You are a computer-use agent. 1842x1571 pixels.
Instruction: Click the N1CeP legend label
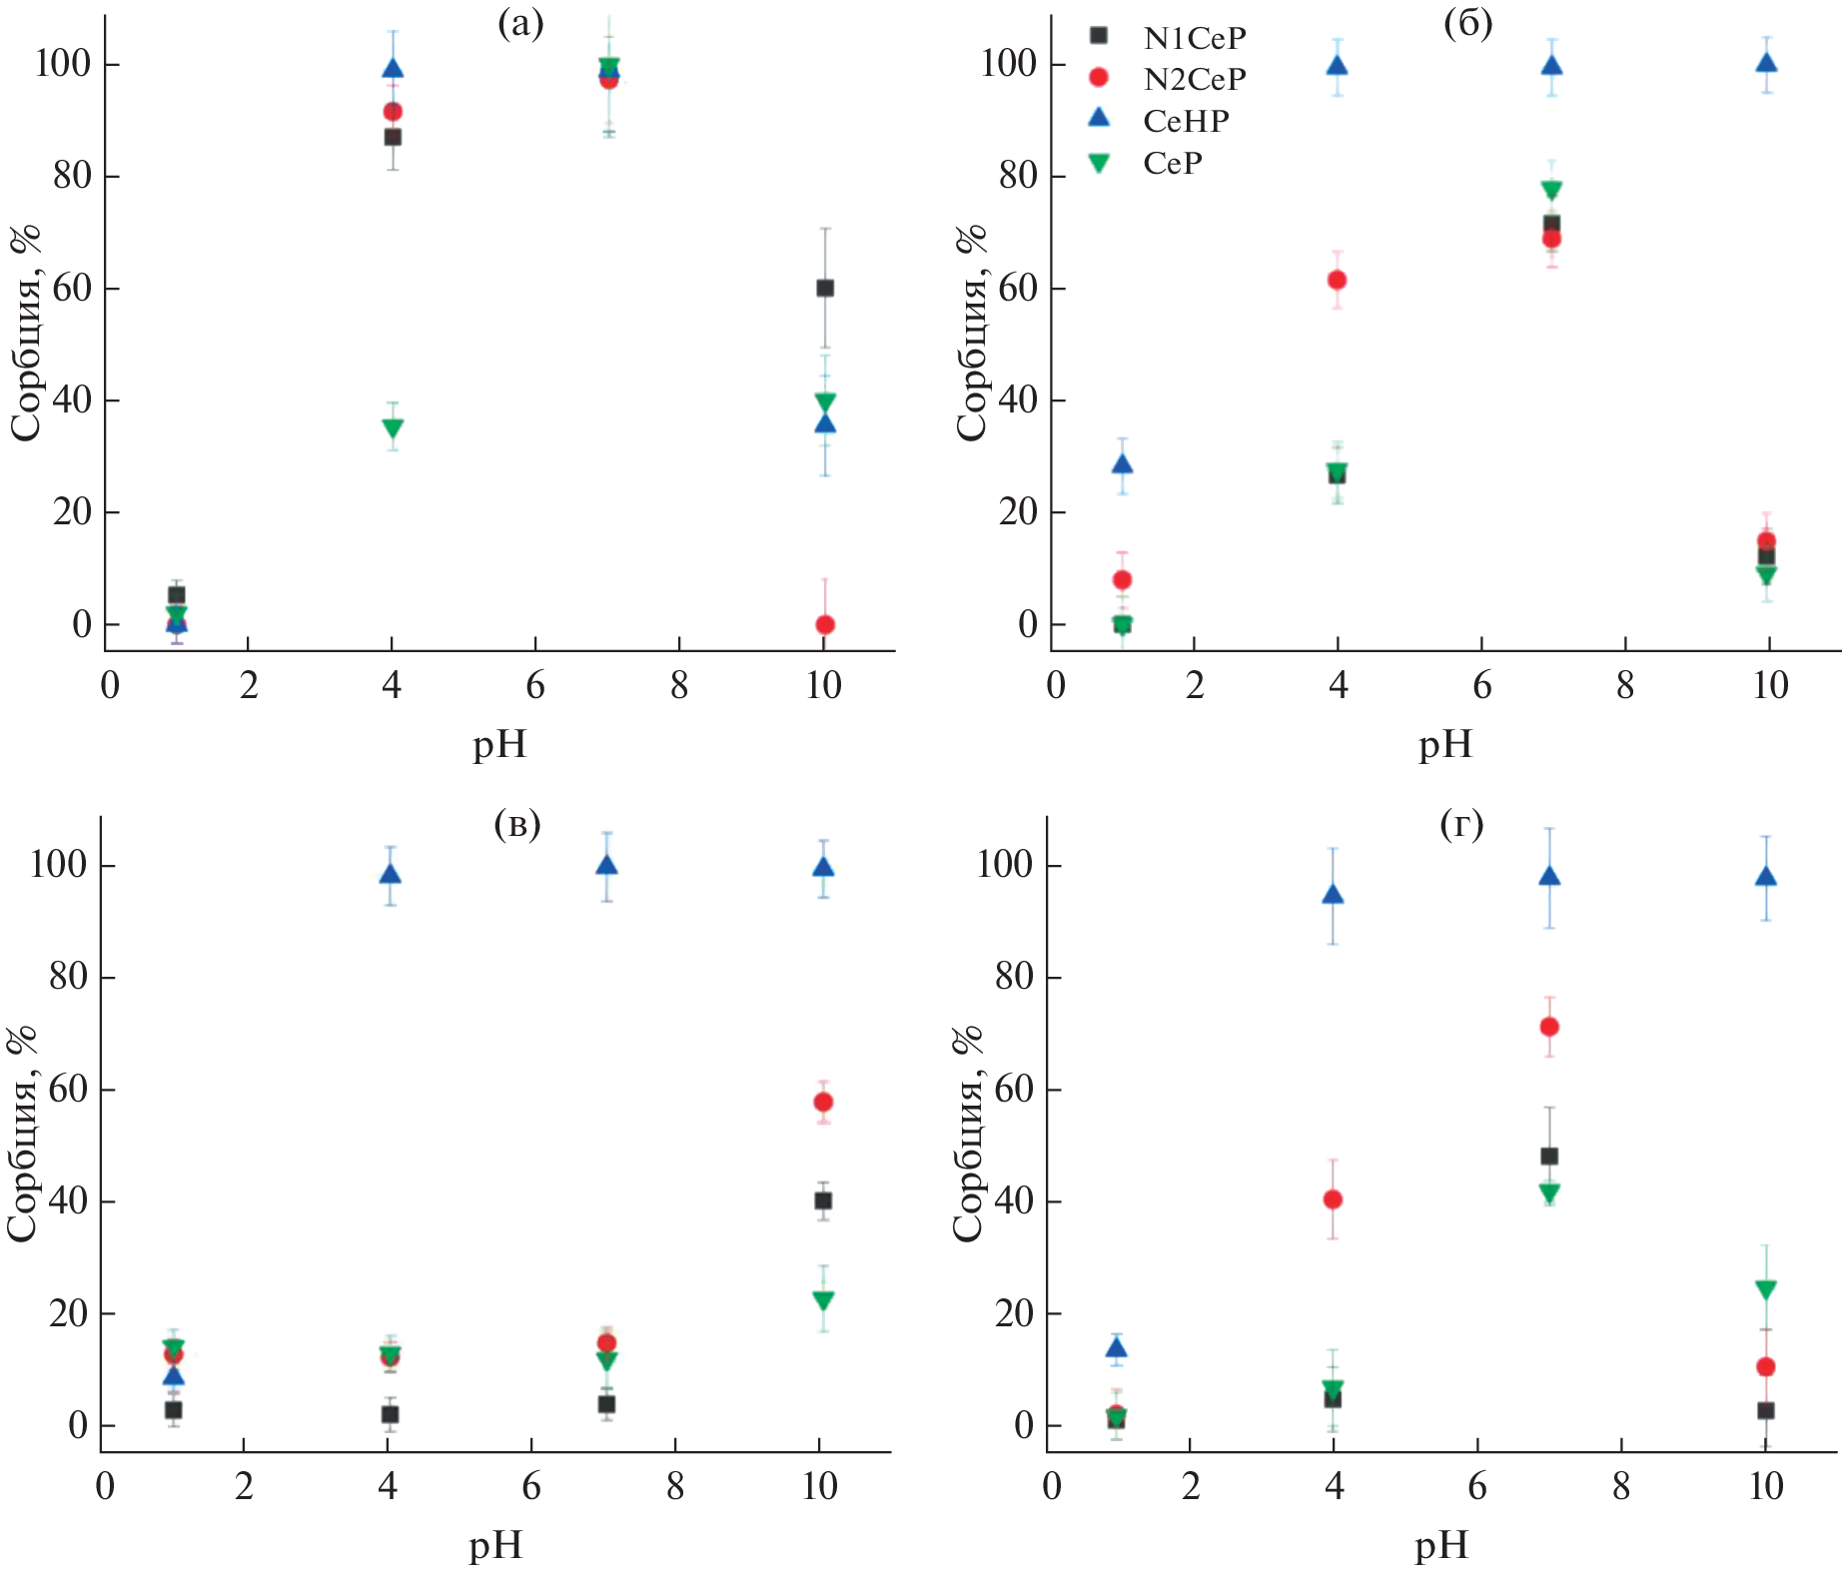1194,38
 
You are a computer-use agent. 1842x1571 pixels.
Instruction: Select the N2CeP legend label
1194,79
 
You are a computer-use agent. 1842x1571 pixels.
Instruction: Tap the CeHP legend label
1186,121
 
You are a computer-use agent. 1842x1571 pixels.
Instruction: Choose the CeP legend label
1173,163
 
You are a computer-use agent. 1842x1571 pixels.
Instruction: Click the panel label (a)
520,24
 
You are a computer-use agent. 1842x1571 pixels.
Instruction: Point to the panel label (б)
1467,24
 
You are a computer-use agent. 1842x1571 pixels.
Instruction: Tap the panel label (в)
517,824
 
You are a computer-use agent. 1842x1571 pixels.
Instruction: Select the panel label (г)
1461,824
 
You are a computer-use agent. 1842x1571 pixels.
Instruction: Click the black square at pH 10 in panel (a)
825,288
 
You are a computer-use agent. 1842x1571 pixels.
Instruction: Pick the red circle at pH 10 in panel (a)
825,625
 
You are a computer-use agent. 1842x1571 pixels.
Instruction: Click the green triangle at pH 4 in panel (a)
393,428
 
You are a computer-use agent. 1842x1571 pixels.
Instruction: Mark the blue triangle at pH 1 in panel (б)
1122,463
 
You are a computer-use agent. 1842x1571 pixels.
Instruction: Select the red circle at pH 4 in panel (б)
1337,280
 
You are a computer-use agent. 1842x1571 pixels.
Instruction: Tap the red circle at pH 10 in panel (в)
823,1102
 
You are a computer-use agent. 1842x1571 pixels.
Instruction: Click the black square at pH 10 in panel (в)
823,1200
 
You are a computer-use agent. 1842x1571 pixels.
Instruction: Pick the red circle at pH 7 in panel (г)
1549,1027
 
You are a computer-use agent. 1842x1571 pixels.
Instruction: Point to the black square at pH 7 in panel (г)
1549,1156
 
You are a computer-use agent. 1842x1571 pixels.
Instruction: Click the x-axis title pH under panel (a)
499,745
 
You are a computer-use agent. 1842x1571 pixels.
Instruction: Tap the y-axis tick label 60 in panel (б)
1018,288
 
